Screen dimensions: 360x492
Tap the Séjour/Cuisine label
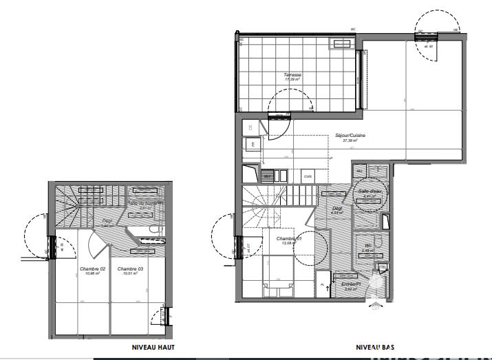tap(350, 136)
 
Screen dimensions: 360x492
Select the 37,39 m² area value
tap(350, 140)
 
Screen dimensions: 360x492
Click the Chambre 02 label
tap(92, 268)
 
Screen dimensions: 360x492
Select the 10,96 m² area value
tap(92, 273)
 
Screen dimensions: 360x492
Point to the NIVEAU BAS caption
tap(374, 348)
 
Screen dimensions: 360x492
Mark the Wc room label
tap(368, 246)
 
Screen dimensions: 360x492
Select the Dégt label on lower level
tap(337, 208)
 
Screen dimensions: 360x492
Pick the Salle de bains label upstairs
tap(145, 203)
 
